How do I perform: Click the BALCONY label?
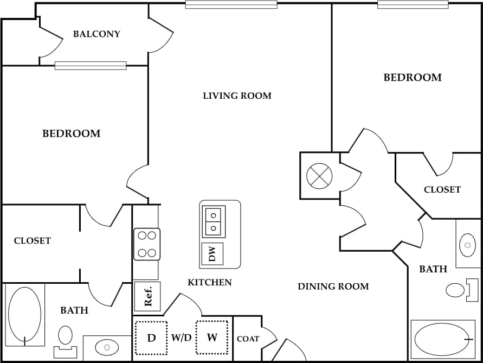pos(96,34)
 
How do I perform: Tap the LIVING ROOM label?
pos(237,96)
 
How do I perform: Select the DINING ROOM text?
pos(333,286)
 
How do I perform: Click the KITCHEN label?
pos(209,282)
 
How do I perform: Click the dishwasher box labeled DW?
pos(212,253)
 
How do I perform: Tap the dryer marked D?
pos(151,338)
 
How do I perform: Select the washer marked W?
pos(212,338)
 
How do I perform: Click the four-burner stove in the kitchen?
pos(147,244)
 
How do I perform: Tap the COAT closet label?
pos(248,339)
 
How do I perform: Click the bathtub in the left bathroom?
pos(25,316)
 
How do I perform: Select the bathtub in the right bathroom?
pos(442,340)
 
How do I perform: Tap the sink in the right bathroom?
pos(467,245)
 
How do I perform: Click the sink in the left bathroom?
pos(106,347)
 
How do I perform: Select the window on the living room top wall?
pos(231,5)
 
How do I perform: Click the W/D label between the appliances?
pos(182,338)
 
